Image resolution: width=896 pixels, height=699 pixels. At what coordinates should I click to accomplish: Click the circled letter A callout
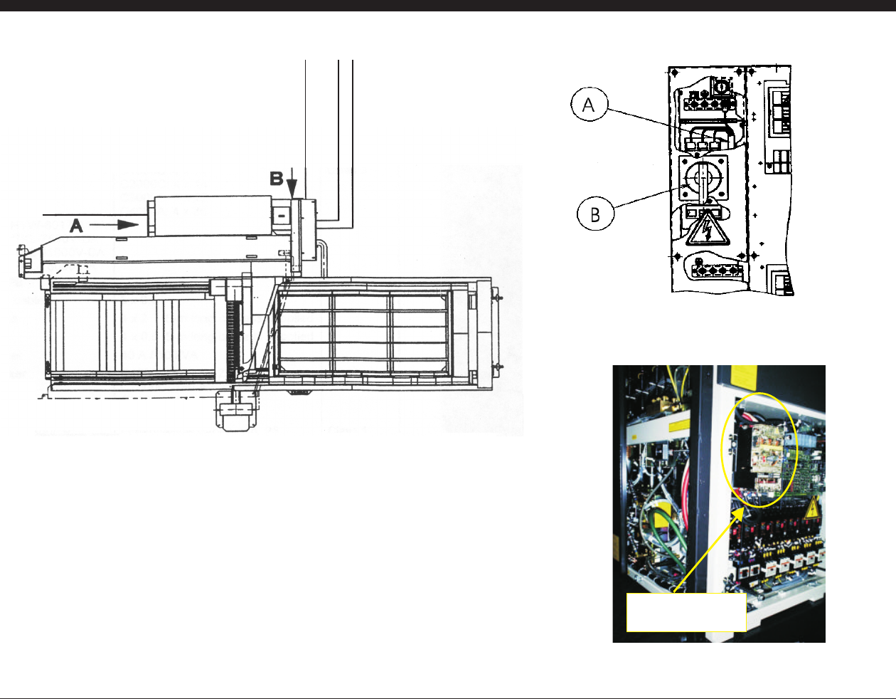tap(590, 104)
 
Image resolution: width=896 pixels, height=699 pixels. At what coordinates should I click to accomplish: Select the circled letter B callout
tap(595, 214)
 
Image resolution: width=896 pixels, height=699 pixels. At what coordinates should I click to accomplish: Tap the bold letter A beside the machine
tap(76, 226)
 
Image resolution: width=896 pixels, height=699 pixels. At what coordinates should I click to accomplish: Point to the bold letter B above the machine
tap(276, 178)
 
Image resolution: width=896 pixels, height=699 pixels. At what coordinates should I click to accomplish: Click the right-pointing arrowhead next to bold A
tap(128, 224)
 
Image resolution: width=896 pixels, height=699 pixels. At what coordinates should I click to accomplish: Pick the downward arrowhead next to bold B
tap(292, 189)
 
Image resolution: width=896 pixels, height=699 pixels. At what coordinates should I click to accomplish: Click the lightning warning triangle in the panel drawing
tap(708, 229)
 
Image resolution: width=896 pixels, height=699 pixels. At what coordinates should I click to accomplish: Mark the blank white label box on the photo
tap(686, 612)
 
